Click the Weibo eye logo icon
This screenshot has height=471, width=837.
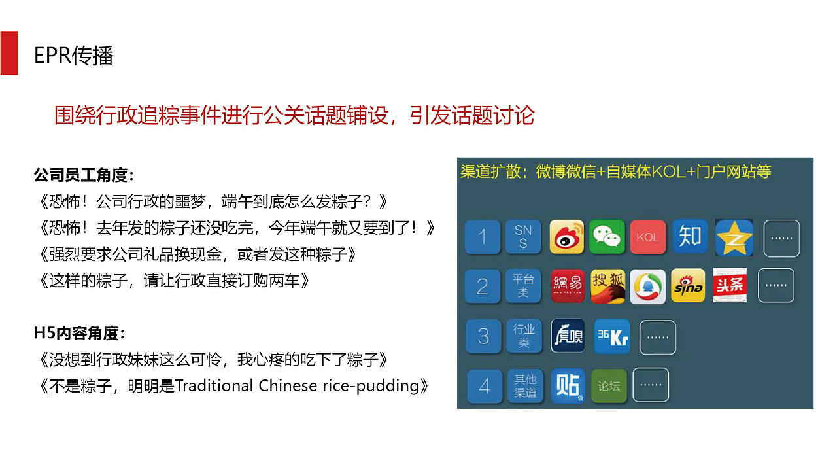pyautogui.click(x=566, y=237)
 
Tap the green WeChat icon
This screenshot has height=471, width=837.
pyautogui.click(x=607, y=237)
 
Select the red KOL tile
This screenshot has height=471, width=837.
pyautogui.click(x=647, y=237)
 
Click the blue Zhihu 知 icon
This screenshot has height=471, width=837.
pyautogui.click(x=690, y=236)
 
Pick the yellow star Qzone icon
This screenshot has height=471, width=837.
pyautogui.click(x=734, y=237)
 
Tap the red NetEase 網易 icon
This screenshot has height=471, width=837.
pyautogui.click(x=567, y=286)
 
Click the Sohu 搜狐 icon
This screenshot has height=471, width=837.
pyautogui.click(x=608, y=286)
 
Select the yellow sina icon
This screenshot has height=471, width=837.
pyautogui.click(x=688, y=285)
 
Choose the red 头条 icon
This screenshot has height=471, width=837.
pyautogui.click(x=730, y=285)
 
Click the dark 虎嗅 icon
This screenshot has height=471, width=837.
pyautogui.click(x=568, y=336)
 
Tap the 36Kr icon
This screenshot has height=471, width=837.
pyautogui.click(x=611, y=336)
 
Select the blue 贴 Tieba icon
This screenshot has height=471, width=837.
pyautogui.click(x=568, y=386)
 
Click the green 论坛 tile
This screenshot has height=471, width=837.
pyautogui.click(x=609, y=386)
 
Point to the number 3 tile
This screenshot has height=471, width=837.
pyautogui.click(x=483, y=336)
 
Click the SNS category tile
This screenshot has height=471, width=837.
pyautogui.click(x=522, y=237)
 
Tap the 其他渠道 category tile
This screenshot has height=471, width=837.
pyautogui.click(x=525, y=386)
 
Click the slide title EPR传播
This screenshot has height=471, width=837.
pyautogui.click(x=74, y=56)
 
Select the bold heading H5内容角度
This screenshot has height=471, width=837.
pyautogui.click(x=79, y=333)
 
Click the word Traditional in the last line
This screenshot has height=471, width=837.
pyautogui.click(x=214, y=385)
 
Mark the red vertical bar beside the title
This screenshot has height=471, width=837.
pyautogui.click(x=9, y=53)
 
